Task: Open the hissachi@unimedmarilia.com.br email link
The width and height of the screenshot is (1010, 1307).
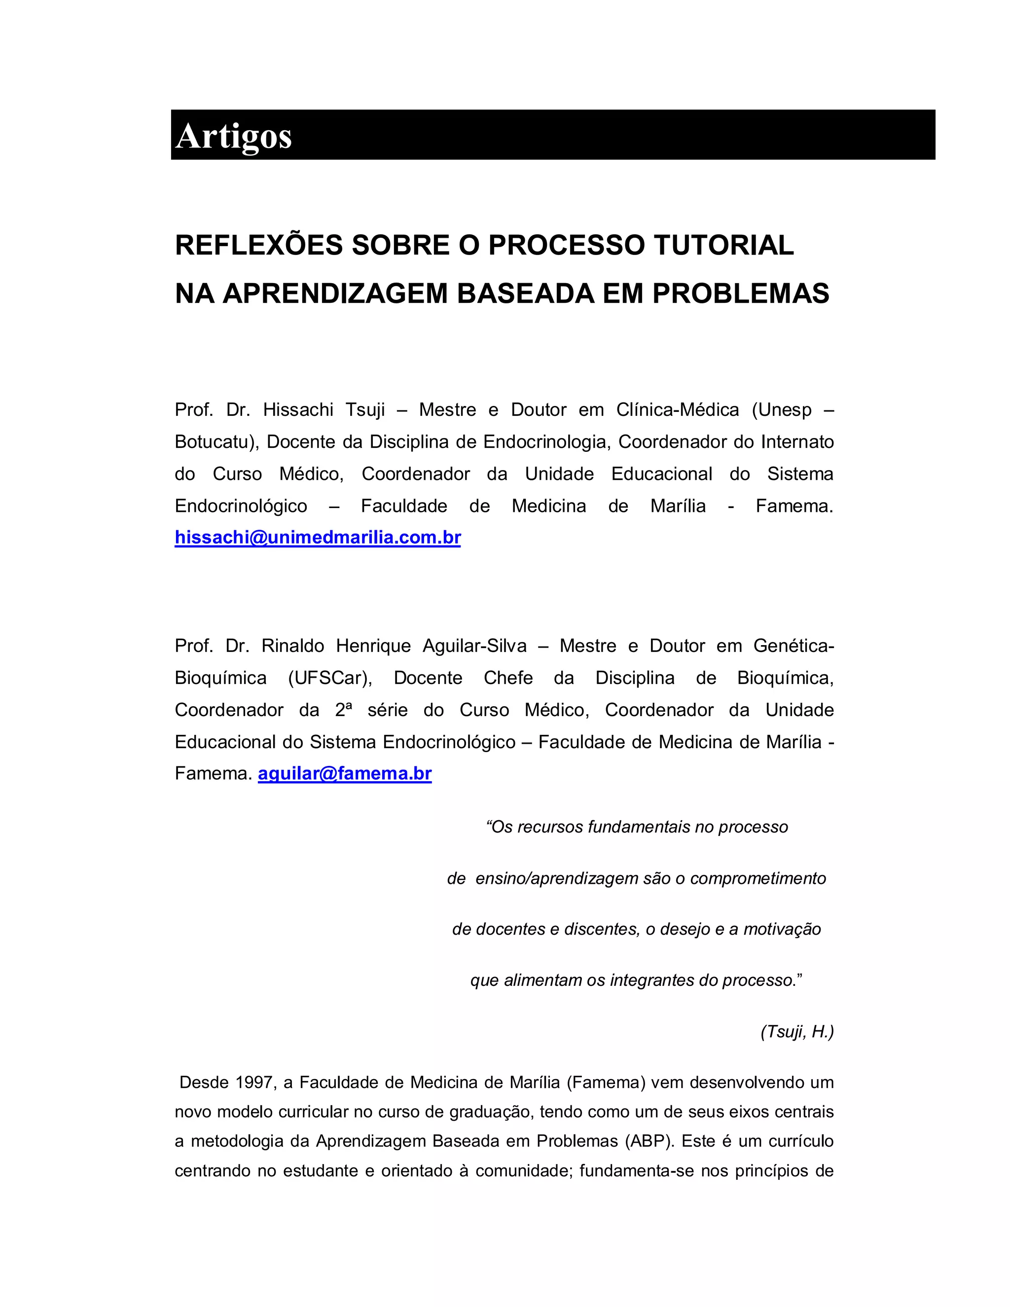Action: click(x=318, y=538)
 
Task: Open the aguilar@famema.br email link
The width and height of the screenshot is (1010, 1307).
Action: click(x=345, y=774)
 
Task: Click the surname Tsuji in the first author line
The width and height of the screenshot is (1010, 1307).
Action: click(x=364, y=410)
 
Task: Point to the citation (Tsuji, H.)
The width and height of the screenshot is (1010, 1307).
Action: click(x=797, y=1031)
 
